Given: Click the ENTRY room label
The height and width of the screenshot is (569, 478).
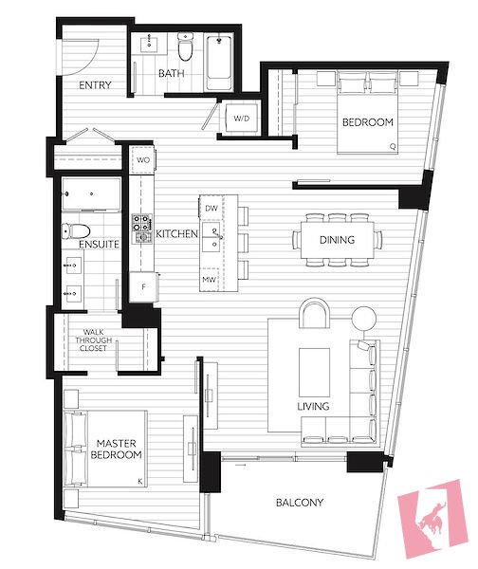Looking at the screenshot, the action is [95, 85].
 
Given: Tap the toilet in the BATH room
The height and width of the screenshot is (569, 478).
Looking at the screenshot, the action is [185, 46].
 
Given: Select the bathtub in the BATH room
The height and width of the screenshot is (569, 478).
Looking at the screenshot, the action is [219, 63].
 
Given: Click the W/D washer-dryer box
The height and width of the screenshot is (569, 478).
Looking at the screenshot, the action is [241, 119].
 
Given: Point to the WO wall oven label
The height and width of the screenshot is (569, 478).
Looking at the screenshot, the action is [143, 160].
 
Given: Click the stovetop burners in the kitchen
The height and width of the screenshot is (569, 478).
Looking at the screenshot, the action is [142, 229].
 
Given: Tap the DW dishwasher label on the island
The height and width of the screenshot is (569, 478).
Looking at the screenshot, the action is [211, 209].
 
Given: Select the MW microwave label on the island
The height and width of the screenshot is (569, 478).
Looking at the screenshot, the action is [209, 280].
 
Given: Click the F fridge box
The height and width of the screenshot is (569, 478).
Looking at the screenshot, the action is [144, 287].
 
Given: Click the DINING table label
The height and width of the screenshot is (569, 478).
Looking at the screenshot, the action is [338, 240].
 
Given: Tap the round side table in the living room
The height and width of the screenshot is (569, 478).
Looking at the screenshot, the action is [363, 319].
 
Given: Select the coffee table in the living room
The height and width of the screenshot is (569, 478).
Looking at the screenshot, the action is [314, 373].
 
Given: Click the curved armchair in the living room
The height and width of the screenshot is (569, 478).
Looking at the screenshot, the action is [314, 313].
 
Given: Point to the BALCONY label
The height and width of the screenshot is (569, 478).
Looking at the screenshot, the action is [300, 503].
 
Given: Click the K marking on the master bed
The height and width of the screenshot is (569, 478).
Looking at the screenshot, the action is [140, 482].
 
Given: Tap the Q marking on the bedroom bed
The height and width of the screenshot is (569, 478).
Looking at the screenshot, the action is [393, 147].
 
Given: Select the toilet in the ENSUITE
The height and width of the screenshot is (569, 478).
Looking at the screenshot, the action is [76, 231].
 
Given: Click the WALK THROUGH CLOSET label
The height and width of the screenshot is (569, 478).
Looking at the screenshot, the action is [93, 340].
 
